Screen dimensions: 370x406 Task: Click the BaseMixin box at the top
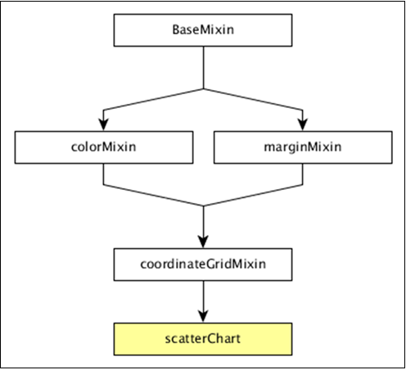click(202, 30)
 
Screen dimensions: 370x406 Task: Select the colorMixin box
click(102, 147)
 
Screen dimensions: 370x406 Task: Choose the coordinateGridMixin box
click(202, 264)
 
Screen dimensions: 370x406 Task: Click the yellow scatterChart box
click(202, 337)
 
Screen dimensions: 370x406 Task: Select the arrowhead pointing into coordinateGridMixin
click(202, 242)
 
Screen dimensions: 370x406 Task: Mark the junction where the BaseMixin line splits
click(202, 87)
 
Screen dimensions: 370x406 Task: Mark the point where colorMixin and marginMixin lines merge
click(202, 205)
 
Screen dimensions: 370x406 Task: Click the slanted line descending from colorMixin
click(152, 194)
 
